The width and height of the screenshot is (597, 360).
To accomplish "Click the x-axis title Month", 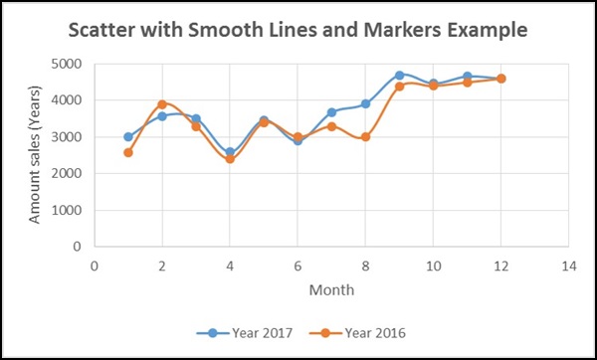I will click(330, 291).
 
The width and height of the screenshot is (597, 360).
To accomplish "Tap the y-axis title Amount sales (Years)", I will click(36, 154).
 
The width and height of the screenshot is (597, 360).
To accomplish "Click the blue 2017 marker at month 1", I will click(128, 137).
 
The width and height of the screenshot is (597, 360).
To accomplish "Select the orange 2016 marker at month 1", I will click(128, 152).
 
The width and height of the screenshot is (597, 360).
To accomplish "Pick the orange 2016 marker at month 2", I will click(162, 104).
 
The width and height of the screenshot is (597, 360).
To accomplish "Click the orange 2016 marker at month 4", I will click(230, 158).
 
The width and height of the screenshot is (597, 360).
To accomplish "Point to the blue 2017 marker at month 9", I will click(399, 76).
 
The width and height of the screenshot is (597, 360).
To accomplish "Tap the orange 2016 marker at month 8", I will click(365, 137).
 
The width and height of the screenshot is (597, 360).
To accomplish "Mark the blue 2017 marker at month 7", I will click(331, 112).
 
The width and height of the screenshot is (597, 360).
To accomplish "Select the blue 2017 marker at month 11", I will click(467, 77).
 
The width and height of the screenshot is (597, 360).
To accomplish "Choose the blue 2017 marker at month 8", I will click(365, 104).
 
